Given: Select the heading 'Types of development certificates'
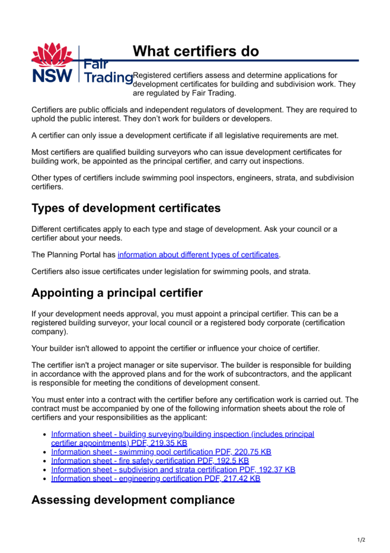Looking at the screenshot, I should [x=126, y=208].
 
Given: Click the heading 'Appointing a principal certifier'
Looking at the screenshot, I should [x=117, y=293].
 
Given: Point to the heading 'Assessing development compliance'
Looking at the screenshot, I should [x=133, y=500].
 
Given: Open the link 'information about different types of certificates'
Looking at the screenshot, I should [x=199, y=254].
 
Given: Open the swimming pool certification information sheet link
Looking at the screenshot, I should [x=161, y=452].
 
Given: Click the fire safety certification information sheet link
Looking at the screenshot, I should [x=149, y=461].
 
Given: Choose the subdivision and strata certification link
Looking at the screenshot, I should [x=173, y=470].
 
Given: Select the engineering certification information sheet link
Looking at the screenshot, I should [x=155, y=478].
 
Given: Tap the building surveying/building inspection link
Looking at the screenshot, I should [x=182, y=434].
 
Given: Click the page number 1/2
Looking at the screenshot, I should [x=361, y=539].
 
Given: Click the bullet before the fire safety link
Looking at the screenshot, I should [x=45, y=461].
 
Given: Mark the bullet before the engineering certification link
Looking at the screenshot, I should [x=45, y=479].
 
